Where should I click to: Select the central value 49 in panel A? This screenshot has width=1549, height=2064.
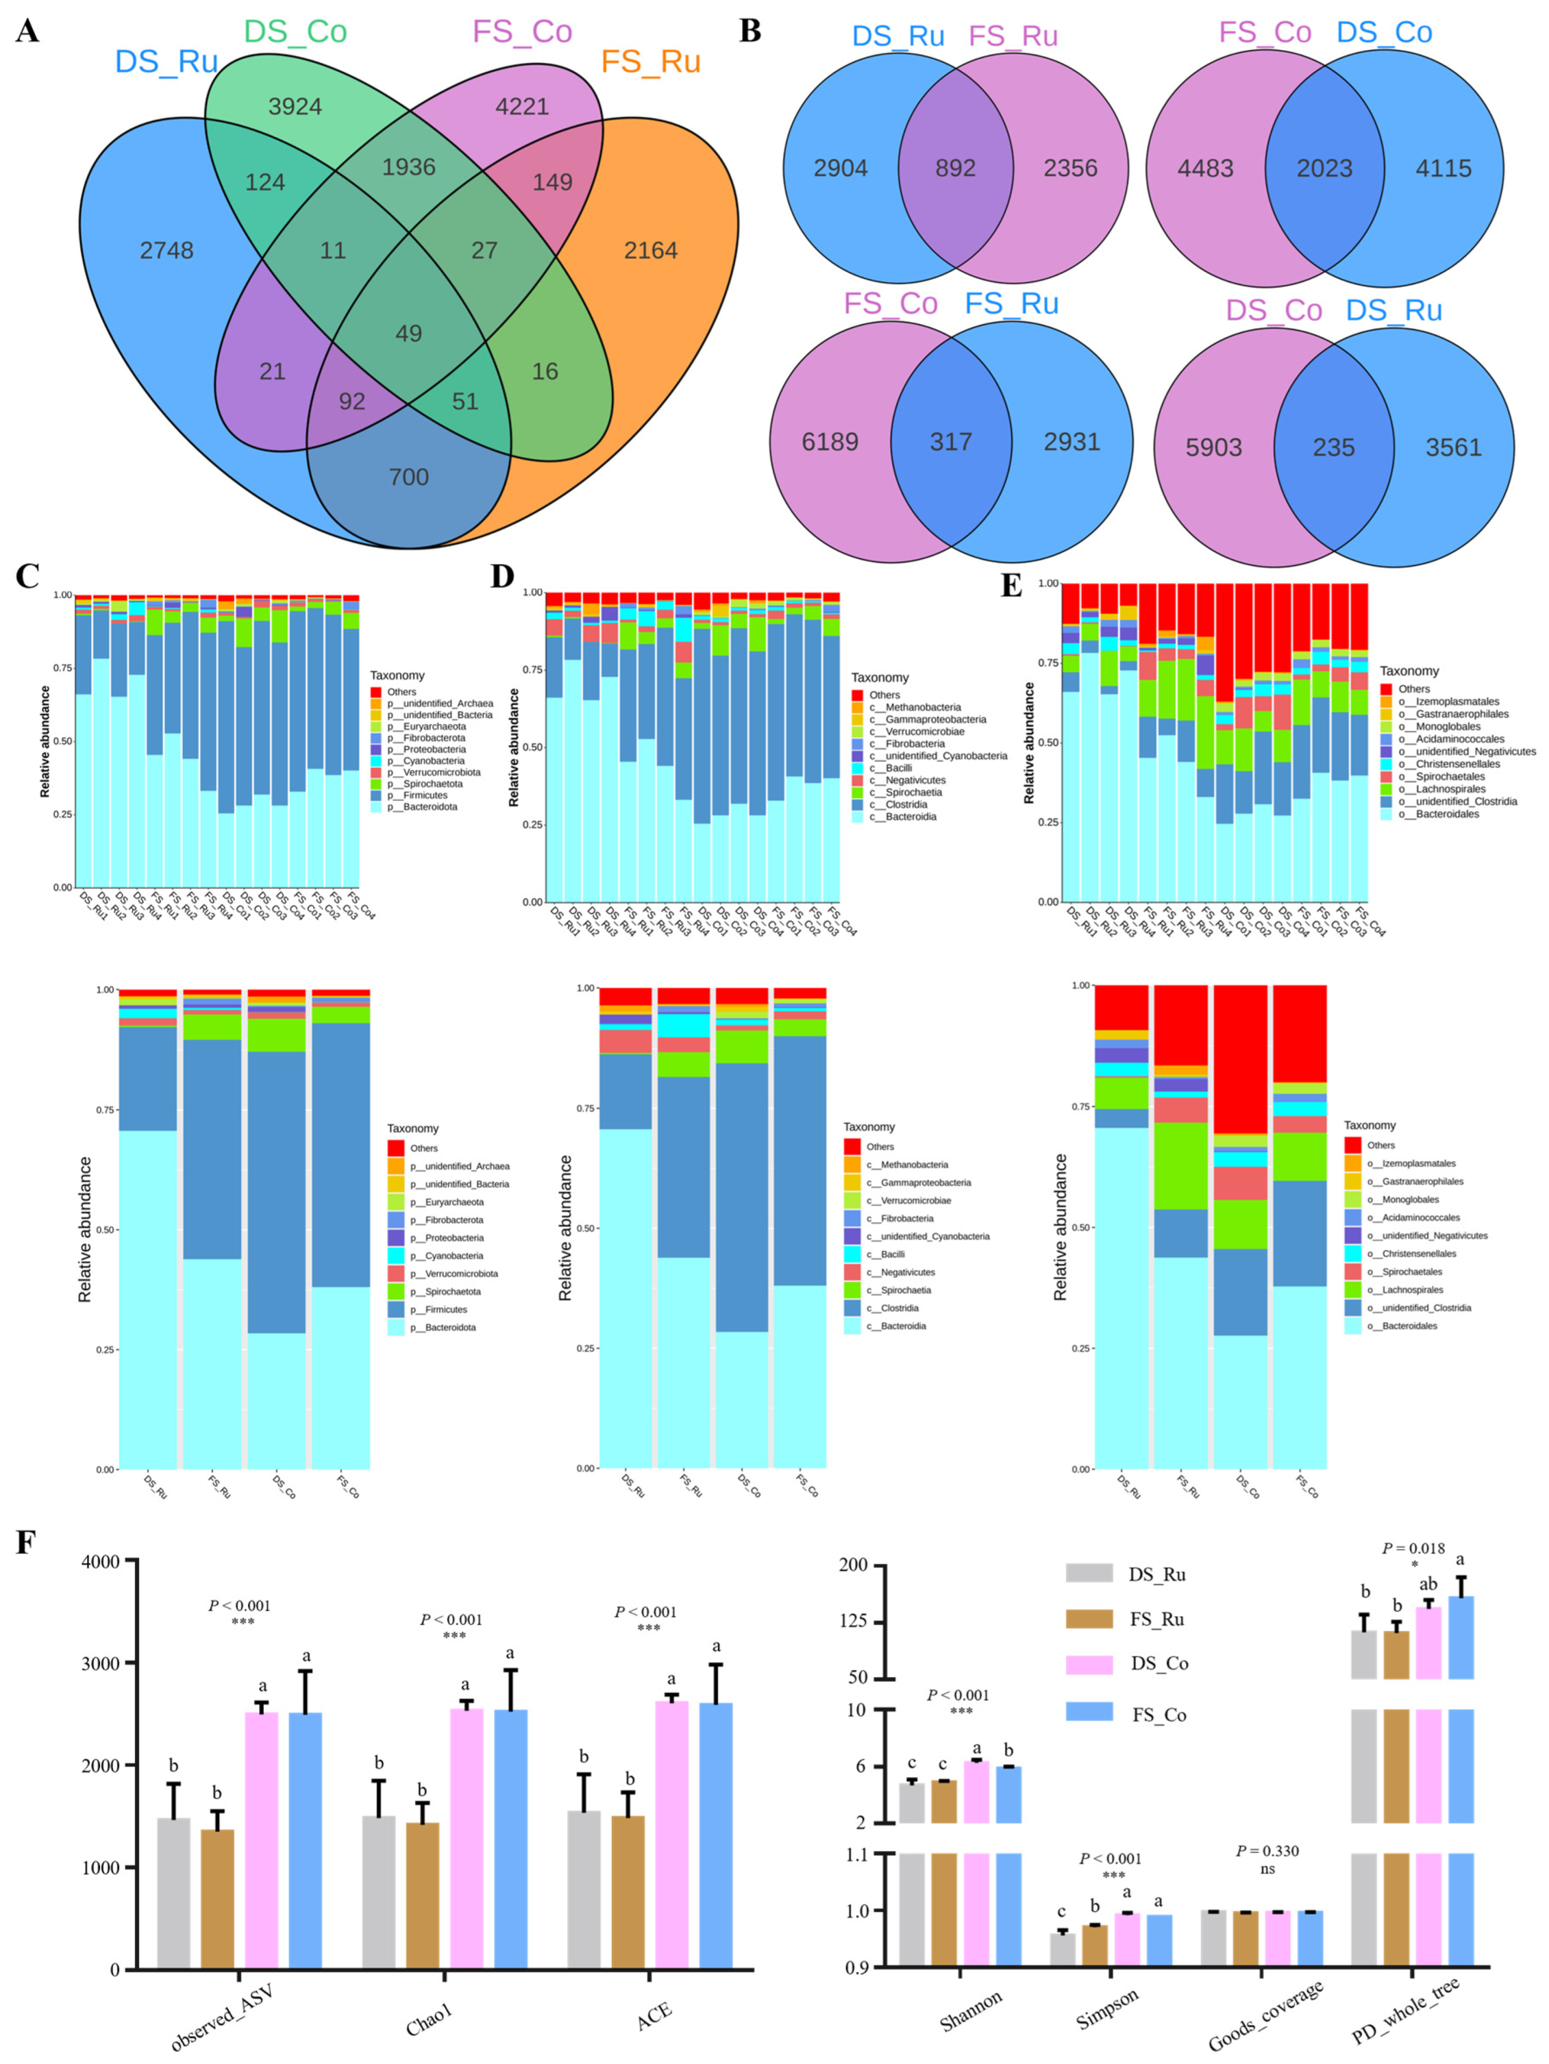409,333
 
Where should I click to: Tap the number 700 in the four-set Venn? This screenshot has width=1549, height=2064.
409,477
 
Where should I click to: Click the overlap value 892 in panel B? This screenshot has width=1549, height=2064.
955,168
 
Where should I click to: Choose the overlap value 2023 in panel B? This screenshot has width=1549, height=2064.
1324,168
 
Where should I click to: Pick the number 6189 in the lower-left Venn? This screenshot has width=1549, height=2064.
830,441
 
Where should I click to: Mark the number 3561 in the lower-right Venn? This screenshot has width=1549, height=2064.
1453,448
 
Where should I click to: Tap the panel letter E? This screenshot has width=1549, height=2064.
1011,586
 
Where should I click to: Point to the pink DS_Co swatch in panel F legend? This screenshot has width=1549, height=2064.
1089,1664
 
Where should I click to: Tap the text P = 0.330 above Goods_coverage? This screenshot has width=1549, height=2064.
1267,1850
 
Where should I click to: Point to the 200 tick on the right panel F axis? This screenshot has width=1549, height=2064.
854,1565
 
